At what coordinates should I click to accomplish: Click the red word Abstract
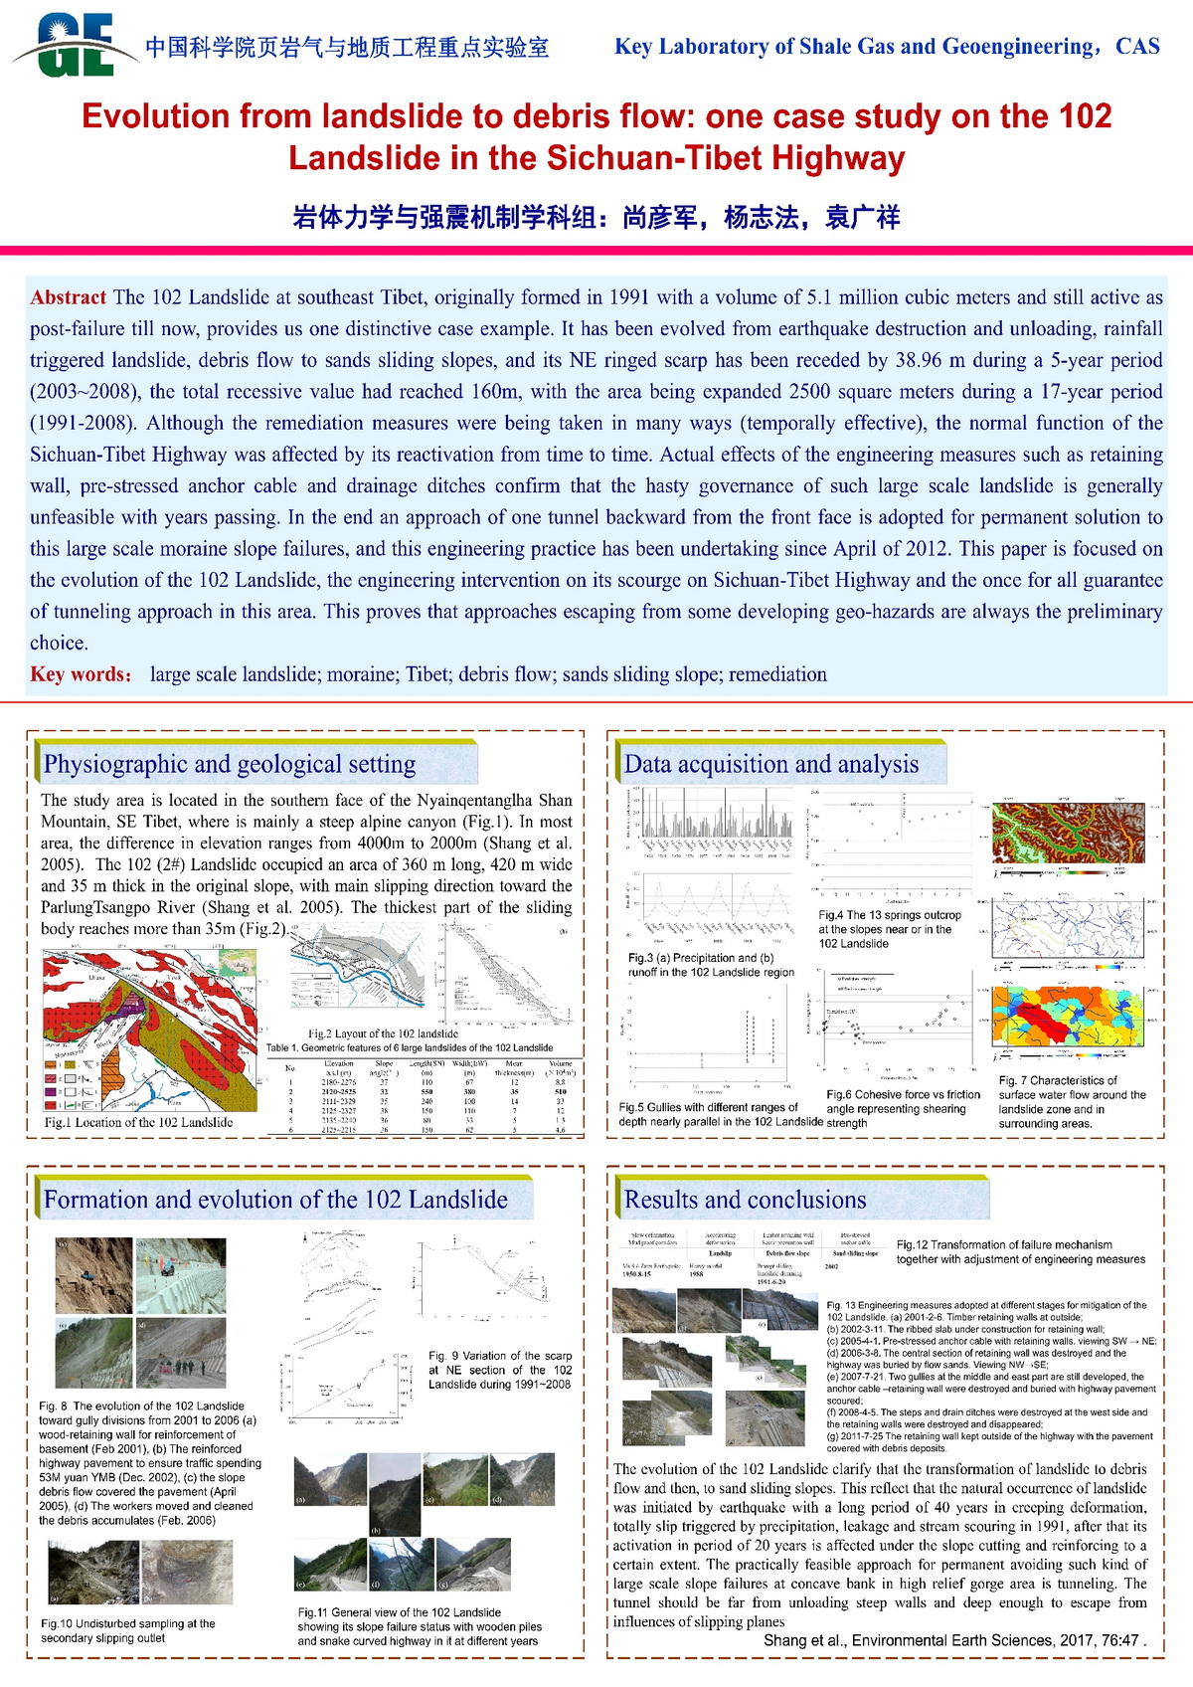point(68,297)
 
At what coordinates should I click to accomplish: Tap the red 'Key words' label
point(81,674)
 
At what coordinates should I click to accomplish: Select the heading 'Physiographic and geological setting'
point(230,764)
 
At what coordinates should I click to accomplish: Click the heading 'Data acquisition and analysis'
point(770,764)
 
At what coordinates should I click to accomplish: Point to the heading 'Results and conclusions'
point(745,1200)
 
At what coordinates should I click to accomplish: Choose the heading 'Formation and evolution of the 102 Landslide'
point(275,1200)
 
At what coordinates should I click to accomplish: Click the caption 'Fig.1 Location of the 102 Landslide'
point(138,1122)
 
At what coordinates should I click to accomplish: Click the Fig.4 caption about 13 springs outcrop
point(890,929)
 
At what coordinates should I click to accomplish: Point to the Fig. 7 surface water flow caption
point(1072,1102)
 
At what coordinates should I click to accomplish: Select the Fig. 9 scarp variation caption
point(500,1370)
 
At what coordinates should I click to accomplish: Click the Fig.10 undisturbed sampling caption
point(127,1630)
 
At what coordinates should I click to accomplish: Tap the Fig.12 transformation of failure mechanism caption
point(1020,1251)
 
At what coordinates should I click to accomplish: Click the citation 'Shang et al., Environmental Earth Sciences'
point(954,1640)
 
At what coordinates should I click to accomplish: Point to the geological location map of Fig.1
point(149,1030)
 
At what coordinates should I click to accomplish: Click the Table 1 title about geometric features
point(409,1047)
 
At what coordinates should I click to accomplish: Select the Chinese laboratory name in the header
point(347,47)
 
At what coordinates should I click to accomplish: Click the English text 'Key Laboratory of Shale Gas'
point(887,47)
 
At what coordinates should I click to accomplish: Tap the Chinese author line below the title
point(596,218)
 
